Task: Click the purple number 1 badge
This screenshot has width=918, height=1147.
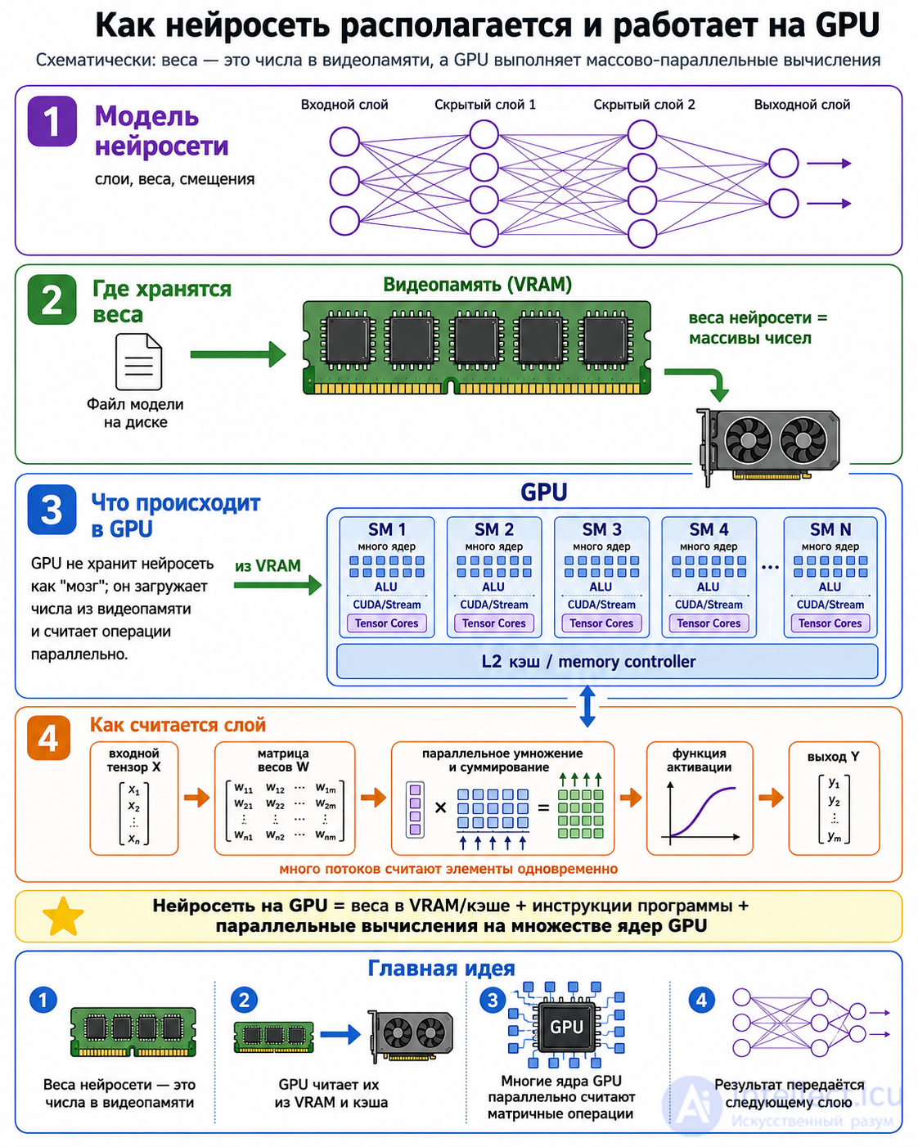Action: tap(52, 122)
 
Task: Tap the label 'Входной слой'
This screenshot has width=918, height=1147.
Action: tap(344, 105)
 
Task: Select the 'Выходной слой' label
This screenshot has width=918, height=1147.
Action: tap(802, 105)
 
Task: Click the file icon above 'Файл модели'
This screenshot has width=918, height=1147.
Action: tap(138, 362)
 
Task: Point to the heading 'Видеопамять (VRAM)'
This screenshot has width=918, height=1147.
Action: tap(477, 285)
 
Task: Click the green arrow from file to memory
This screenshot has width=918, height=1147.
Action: tap(238, 354)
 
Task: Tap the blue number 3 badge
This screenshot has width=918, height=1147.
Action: tap(52, 510)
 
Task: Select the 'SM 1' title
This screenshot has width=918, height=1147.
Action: tap(387, 529)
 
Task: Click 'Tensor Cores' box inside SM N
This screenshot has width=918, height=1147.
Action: tap(830, 623)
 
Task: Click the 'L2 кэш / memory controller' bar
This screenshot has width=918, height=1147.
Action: tap(607, 661)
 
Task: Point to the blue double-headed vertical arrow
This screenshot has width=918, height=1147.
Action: tap(587, 706)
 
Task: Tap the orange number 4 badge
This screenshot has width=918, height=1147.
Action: tap(48, 738)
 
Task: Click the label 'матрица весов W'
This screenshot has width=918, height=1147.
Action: tap(283, 760)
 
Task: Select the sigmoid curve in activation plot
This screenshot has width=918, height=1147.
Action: tap(703, 812)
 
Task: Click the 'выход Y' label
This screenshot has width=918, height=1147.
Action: tap(833, 756)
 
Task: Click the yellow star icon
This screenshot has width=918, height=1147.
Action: tap(64, 917)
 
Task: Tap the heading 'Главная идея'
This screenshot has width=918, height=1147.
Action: tap(441, 969)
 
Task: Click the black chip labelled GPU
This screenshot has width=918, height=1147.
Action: tap(566, 1026)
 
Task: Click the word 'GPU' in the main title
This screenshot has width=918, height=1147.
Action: tap(847, 25)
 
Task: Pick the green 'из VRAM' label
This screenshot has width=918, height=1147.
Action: tap(268, 565)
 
